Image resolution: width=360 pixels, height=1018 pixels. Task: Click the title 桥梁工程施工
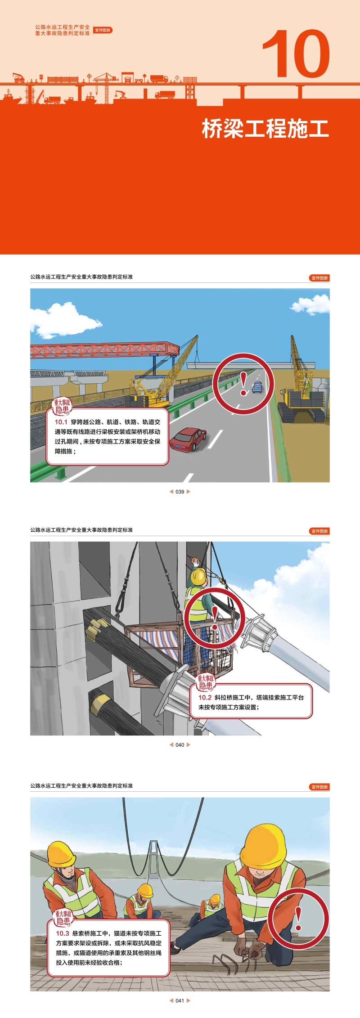point(265,129)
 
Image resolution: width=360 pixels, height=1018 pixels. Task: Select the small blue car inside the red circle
point(257,387)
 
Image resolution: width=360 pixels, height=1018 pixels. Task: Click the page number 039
point(180,492)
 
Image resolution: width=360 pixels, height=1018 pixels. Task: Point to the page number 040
point(180,745)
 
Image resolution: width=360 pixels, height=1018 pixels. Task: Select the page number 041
point(180,1001)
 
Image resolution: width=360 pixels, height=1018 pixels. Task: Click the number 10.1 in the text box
point(61,422)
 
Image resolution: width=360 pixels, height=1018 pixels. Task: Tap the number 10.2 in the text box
point(205,698)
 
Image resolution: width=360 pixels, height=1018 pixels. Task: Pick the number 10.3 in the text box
point(63,933)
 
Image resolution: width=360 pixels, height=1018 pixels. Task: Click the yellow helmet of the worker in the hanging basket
point(198,576)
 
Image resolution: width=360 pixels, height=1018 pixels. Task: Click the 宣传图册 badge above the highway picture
point(319,278)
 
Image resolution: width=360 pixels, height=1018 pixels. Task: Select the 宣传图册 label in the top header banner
point(103,30)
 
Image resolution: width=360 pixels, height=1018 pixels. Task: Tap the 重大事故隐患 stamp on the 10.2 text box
point(206,682)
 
